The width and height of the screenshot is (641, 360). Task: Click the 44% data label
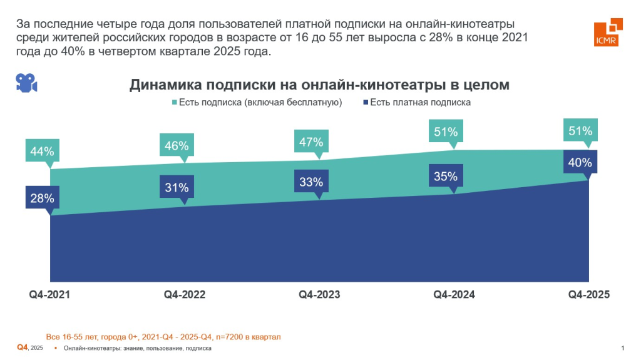[42, 152]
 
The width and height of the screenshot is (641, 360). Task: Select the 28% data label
[42, 198]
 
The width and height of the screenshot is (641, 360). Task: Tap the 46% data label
[177, 146]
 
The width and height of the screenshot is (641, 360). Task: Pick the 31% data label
[177, 187]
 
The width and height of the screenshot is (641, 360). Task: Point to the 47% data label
[311, 141]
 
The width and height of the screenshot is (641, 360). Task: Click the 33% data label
[311, 182]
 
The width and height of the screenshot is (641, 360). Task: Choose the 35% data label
[446, 177]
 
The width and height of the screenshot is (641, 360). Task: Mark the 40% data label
[580, 163]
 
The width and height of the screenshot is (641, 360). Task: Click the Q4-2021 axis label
[49, 294]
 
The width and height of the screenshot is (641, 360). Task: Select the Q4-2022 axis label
[185, 294]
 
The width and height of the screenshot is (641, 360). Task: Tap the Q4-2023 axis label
[319, 294]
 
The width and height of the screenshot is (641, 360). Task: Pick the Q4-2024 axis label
[454, 294]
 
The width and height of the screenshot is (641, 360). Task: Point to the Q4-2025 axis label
[588, 294]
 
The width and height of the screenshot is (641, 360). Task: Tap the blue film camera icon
[26, 83]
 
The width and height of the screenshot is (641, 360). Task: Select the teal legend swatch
[173, 102]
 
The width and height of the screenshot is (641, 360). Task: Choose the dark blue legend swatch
[364, 102]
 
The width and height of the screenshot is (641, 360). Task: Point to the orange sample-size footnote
[163, 337]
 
